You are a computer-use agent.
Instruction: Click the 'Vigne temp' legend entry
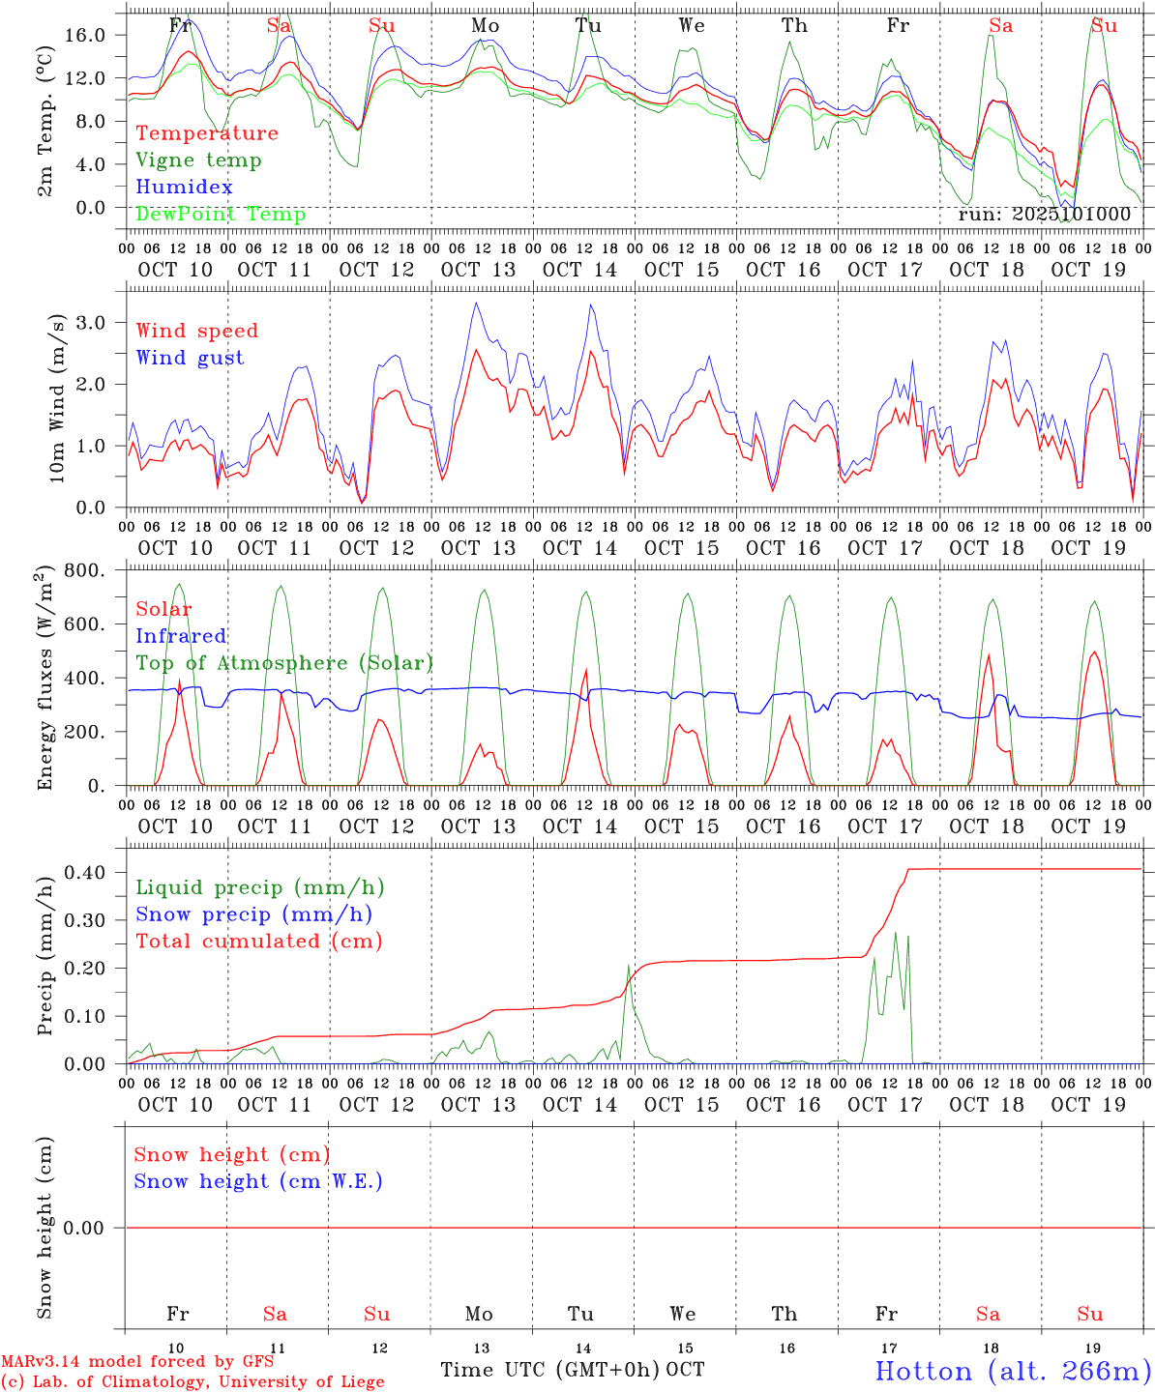198,160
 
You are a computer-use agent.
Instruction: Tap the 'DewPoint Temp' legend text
221,215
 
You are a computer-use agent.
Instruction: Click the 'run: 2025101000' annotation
1044,215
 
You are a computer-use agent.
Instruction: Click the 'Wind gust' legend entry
190,358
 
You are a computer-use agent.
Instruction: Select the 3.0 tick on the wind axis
102,322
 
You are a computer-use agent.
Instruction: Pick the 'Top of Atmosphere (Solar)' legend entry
284,663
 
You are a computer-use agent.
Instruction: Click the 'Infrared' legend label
181,636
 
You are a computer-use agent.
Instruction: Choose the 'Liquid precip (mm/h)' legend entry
259,887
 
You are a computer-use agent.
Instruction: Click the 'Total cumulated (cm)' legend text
259,942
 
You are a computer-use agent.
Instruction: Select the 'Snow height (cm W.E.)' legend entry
258,1181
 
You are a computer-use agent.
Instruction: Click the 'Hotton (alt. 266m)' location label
1013,1371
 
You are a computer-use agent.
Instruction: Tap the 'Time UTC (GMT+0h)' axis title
550,1370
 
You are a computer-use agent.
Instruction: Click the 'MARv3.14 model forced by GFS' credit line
137,1361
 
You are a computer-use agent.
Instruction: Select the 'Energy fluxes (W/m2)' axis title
44,680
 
